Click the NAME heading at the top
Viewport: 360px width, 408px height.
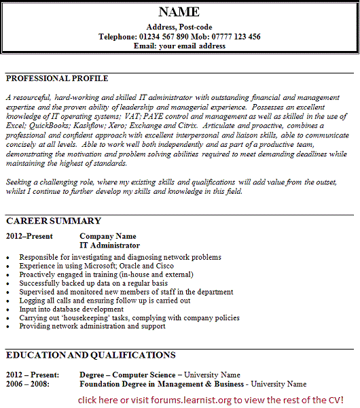pyautogui.click(x=179, y=12)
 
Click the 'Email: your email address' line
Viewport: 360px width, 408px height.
pyautogui.click(x=179, y=46)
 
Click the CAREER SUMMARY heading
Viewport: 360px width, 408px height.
pyautogui.click(x=54, y=221)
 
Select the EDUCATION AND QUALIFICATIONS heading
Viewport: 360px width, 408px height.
pyautogui.click(x=90, y=355)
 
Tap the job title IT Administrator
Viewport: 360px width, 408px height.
pyautogui.click(x=110, y=245)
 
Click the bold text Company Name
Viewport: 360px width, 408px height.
pyautogui.click(x=108, y=236)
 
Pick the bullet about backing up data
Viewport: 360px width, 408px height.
pyautogui.click(x=94, y=283)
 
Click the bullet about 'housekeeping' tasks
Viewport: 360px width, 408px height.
pyautogui.click(x=129, y=318)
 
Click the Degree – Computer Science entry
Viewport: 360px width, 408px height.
pyautogui.click(x=128, y=375)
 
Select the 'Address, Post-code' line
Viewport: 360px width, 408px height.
pyautogui.click(x=179, y=27)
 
